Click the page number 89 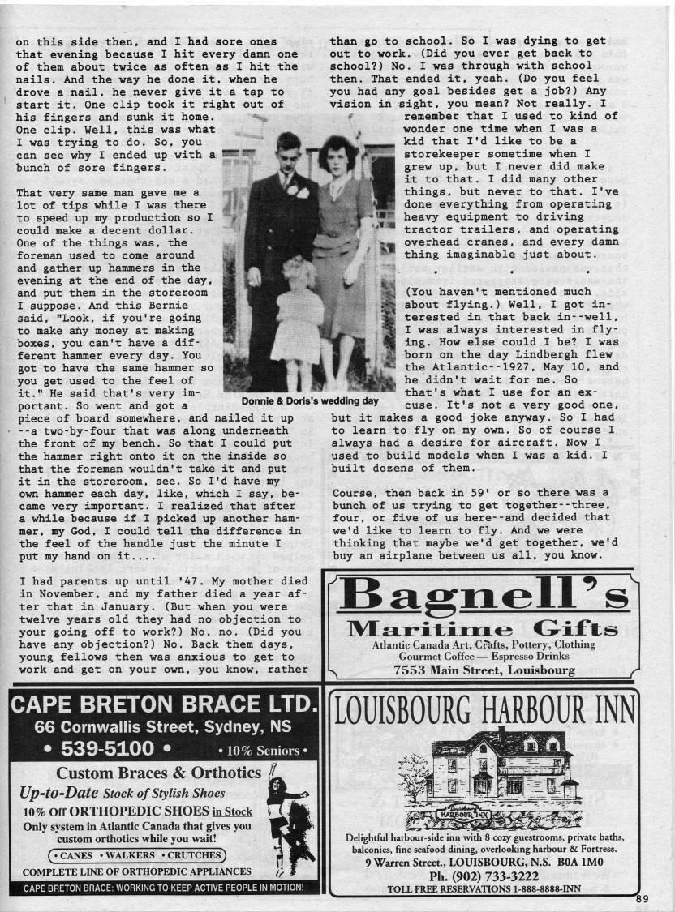643,897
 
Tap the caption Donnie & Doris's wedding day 311,400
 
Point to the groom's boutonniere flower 302,193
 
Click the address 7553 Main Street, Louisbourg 484,670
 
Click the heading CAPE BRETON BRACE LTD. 161,704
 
